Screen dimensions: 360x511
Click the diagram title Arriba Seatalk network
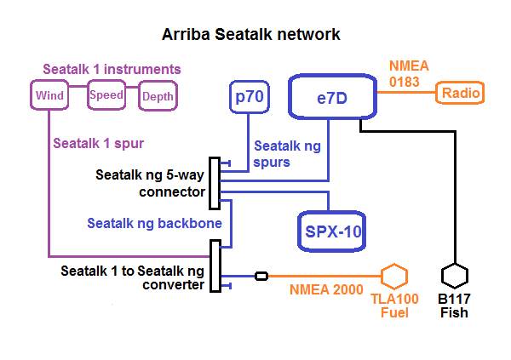coord(251,35)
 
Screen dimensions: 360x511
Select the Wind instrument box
coord(50,95)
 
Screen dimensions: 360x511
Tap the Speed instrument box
coord(106,95)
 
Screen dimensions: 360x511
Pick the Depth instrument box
coord(158,96)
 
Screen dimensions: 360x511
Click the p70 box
coord(250,98)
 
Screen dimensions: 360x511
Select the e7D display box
coord(331,99)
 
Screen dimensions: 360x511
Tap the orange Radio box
coord(460,93)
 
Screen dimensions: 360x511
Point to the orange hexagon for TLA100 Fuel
coord(393,277)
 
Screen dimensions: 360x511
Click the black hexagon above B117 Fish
coord(455,277)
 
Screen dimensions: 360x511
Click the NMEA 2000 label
coord(326,290)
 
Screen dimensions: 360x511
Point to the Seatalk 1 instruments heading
coord(113,69)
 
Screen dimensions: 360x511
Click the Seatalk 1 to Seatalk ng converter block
coord(214,266)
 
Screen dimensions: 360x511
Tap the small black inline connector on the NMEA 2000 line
coord(262,276)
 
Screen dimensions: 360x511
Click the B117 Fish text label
coord(455,306)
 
